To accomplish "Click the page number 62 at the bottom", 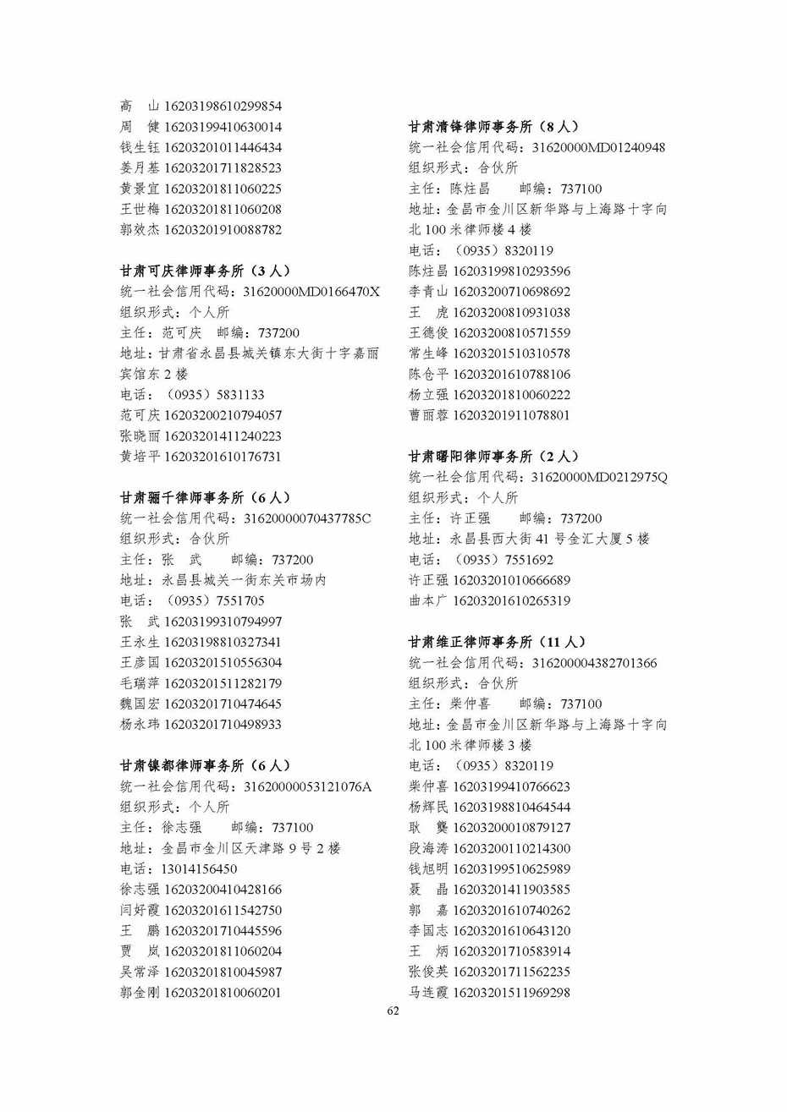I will coord(393,1011).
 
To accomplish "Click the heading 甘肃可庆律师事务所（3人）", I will coord(205,271).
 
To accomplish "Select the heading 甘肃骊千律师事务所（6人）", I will coord(205,498).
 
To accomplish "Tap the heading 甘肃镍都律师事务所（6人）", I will coord(205,766).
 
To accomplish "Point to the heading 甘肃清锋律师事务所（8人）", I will coord(493,127).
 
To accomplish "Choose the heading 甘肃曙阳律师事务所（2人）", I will coord(493,457).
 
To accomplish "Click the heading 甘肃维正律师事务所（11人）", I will coord(497,643).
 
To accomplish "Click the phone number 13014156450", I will coord(199,869).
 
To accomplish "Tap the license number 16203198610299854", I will coord(223,107).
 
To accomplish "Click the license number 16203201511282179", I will coord(223,683).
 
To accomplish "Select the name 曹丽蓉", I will coord(428,415).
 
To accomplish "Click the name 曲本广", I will coord(428,601).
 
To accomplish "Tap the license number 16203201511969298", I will coord(511,993).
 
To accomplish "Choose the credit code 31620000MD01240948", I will coord(598,148).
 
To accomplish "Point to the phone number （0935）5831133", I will coord(213,395).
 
